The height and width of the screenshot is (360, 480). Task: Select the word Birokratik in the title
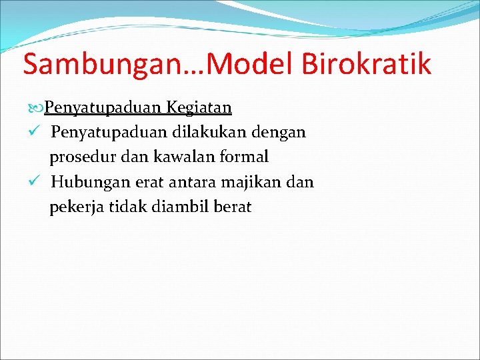click(x=367, y=65)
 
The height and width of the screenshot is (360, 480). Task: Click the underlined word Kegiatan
click(x=200, y=107)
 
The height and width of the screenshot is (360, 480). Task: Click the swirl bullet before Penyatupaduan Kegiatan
click(x=37, y=107)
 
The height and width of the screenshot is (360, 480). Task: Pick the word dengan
click(x=279, y=133)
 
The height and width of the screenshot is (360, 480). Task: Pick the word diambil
click(x=181, y=207)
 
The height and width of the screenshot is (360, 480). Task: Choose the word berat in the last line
click(x=233, y=207)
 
